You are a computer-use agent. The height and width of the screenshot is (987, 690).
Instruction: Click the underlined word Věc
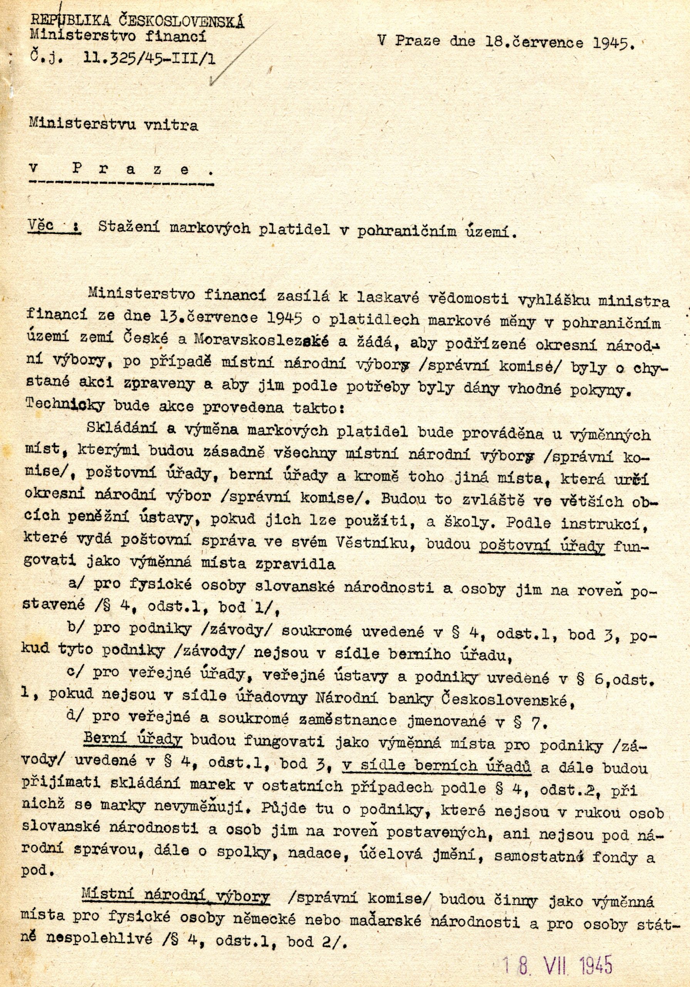40,225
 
